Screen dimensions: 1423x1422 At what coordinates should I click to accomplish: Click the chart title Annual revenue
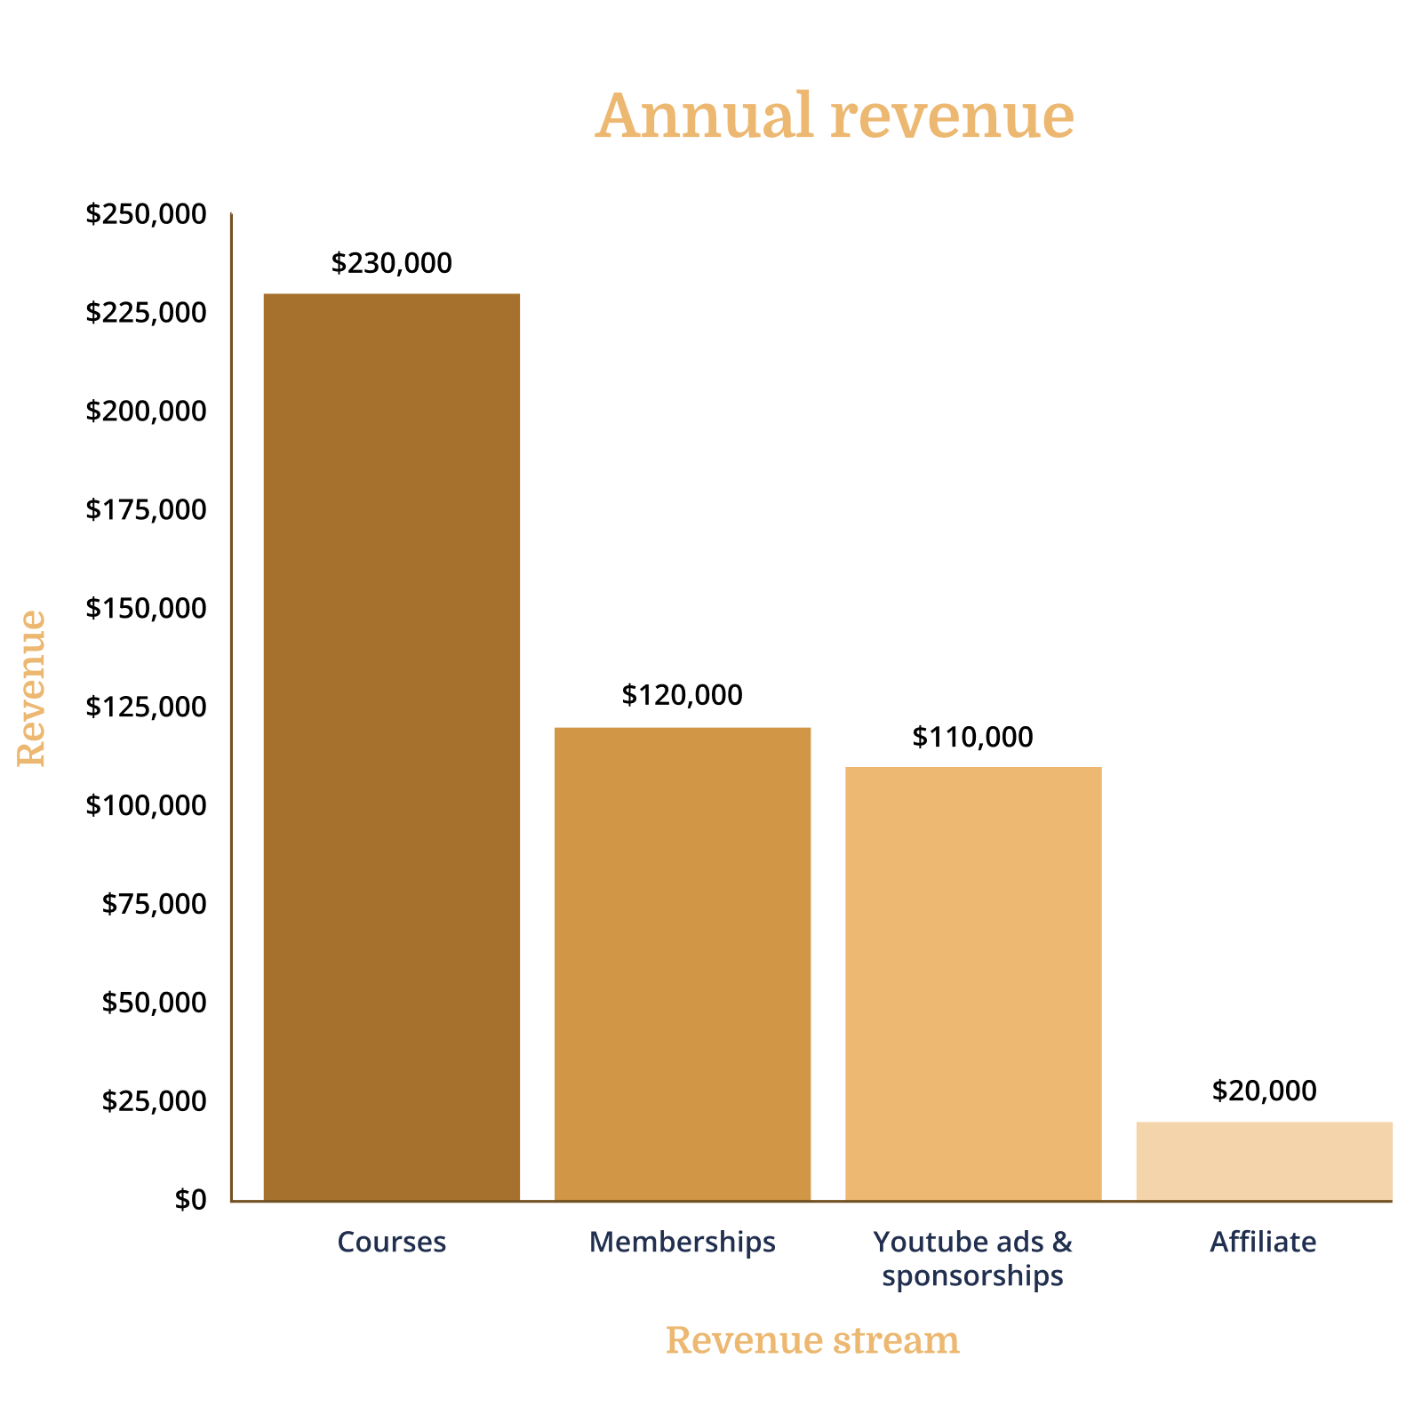[835, 116]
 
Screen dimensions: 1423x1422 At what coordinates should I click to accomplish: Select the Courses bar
[392, 747]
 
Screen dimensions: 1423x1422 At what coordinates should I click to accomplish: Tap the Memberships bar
[683, 964]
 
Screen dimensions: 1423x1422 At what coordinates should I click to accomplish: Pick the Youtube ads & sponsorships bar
[973, 984]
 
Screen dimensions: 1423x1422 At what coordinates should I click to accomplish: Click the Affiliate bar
[1264, 1161]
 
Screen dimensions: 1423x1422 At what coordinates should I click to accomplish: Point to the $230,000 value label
[392, 263]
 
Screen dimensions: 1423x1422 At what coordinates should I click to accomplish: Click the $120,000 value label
[683, 695]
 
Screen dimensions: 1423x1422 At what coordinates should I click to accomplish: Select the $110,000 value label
[973, 737]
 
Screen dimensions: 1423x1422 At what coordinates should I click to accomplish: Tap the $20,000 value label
[1264, 1091]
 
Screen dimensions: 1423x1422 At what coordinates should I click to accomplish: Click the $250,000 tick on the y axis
[146, 214]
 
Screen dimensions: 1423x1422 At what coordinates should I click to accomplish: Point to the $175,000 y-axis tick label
[146, 509]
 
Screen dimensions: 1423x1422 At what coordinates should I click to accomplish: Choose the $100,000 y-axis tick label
[146, 805]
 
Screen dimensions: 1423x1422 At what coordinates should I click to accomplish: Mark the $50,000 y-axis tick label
[154, 1003]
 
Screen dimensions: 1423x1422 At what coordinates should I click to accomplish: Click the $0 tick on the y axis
[190, 1200]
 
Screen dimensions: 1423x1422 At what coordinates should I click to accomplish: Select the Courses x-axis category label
[392, 1242]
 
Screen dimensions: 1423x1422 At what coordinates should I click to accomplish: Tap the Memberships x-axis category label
[683, 1242]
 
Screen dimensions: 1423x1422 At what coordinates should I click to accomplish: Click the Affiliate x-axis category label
[1263, 1242]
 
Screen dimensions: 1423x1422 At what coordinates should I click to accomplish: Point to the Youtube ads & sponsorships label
[973, 1259]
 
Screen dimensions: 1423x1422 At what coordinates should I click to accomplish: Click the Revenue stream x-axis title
[812, 1340]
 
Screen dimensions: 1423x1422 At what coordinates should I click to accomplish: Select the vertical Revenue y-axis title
[32, 688]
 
